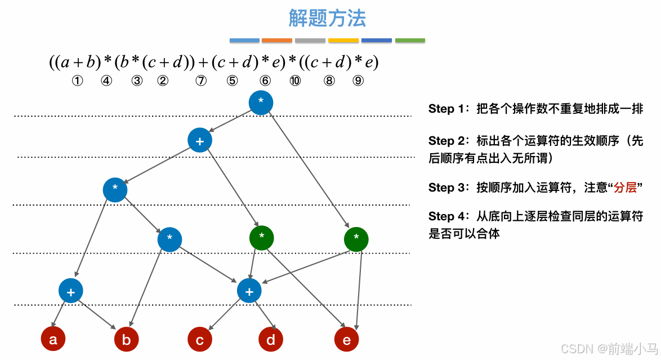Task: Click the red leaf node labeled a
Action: click(x=53, y=339)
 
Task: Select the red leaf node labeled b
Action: click(x=126, y=340)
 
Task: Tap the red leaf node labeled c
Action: click(x=200, y=340)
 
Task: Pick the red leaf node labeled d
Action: click(x=271, y=340)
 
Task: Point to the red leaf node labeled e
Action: click(x=346, y=340)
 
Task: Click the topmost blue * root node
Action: click(x=261, y=102)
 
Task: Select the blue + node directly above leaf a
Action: click(x=70, y=291)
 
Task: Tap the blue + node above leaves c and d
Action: click(x=249, y=291)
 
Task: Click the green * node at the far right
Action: click(x=356, y=239)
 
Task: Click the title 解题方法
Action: click(x=327, y=19)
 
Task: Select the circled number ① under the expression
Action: click(x=77, y=81)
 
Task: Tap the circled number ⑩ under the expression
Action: click(x=294, y=81)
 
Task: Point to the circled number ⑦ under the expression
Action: click(x=201, y=81)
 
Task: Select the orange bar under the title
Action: click(x=277, y=41)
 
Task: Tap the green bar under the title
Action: click(x=410, y=41)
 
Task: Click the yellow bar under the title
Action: click(x=343, y=41)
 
